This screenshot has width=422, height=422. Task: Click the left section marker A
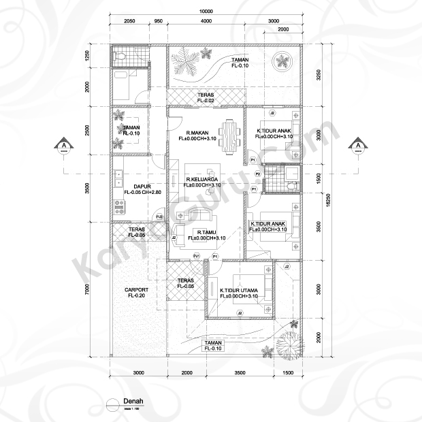pyautogui.click(x=63, y=145)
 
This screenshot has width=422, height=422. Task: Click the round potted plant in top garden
pyautogui.click(x=282, y=62)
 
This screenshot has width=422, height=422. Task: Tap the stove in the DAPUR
pyautogui.click(x=120, y=208)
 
